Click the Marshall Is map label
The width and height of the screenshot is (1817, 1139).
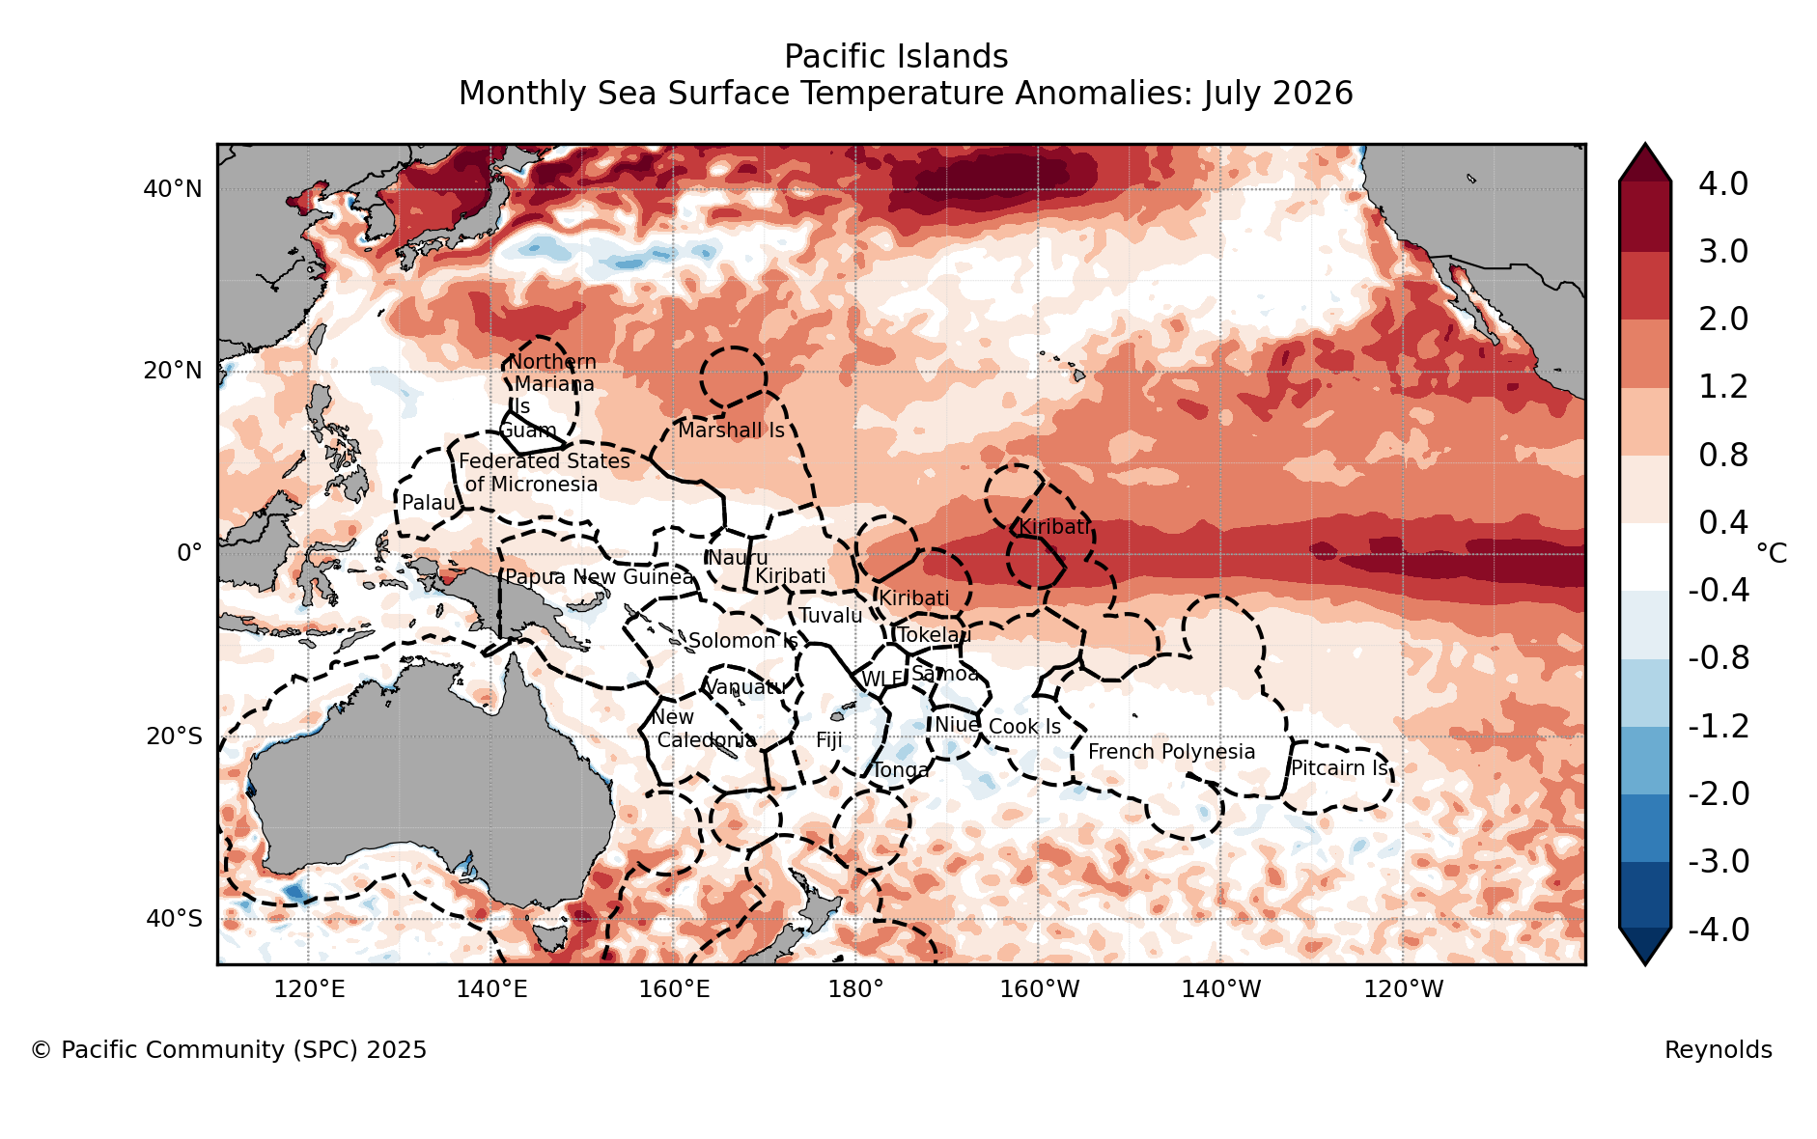click(x=731, y=431)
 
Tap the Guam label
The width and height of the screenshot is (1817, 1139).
click(x=528, y=431)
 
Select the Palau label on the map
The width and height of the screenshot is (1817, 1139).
click(x=429, y=503)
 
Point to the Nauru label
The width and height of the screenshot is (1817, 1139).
click(x=738, y=558)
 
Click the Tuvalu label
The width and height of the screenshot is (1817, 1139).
click(x=830, y=616)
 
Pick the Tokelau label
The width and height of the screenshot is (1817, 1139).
click(x=935, y=635)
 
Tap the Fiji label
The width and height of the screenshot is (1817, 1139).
click(x=829, y=740)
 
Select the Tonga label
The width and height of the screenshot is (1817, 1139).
click(x=901, y=770)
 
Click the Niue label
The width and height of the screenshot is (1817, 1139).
click(x=957, y=725)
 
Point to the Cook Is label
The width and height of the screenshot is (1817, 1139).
click(x=1024, y=727)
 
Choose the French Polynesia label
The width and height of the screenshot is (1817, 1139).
click(x=1172, y=752)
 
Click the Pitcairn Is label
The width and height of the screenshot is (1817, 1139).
click(x=1340, y=768)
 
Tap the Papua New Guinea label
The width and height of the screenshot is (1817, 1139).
click(x=600, y=577)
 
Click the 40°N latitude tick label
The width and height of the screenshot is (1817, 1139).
click(x=173, y=189)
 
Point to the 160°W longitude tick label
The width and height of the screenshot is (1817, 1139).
click(x=1039, y=989)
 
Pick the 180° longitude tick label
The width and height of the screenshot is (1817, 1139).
click(x=856, y=989)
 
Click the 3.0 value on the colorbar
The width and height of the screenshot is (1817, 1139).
click(x=1723, y=251)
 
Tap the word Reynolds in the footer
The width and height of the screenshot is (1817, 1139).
click(x=1719, y=1050)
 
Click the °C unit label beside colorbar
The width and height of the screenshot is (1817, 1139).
click(x=1772, y=553)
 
